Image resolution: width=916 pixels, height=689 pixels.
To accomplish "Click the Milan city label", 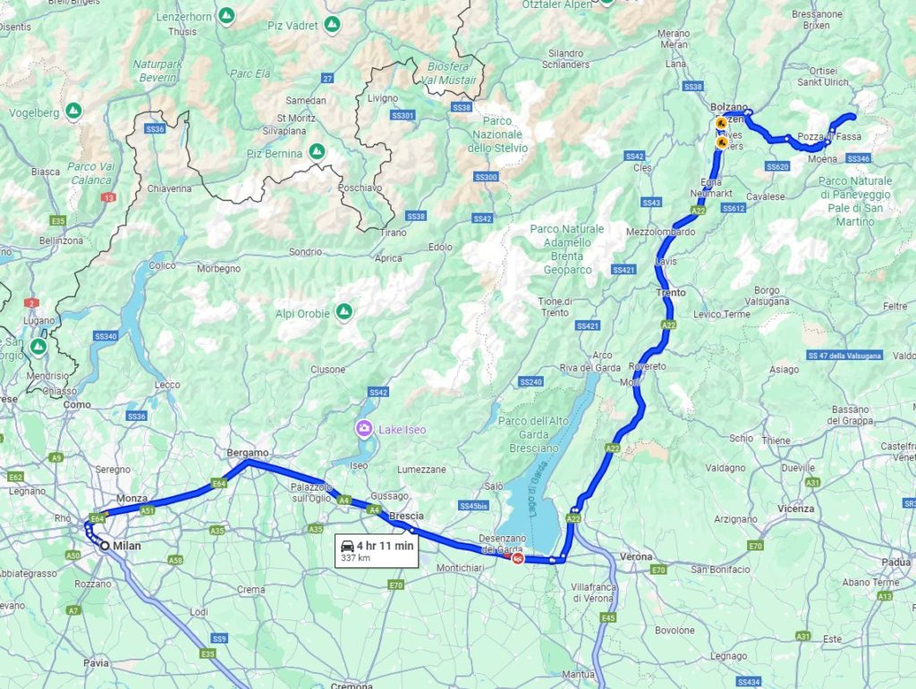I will pos(127,546).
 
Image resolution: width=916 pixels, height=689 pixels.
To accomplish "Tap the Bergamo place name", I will pos(248,453).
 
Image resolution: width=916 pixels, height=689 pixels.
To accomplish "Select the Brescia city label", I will pos(406,516).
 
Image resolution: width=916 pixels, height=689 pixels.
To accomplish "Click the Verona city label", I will pos(636,557).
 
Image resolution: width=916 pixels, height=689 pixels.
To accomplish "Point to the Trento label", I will pos(671,293).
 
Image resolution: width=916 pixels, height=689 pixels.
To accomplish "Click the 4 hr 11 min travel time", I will pos(385,545).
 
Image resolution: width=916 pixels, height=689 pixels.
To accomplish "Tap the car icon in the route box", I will pos(346,545).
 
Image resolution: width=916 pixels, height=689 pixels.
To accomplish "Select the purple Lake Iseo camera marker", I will pos(364,429).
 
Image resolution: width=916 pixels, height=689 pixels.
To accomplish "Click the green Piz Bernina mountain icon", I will pos(317,153).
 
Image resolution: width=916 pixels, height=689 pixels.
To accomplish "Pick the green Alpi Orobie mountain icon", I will pos(343,313).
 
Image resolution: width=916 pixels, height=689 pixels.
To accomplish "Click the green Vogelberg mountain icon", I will pos(73,113).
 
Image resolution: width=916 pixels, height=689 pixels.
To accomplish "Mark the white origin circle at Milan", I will pos(106,546).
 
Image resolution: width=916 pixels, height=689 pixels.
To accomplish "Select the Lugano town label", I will pos(39,319).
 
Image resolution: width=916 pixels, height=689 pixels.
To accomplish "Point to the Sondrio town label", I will pos(305,252).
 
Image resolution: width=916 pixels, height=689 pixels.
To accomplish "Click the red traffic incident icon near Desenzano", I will pos(517,559).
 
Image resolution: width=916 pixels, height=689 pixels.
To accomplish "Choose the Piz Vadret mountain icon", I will pos(333,24).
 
